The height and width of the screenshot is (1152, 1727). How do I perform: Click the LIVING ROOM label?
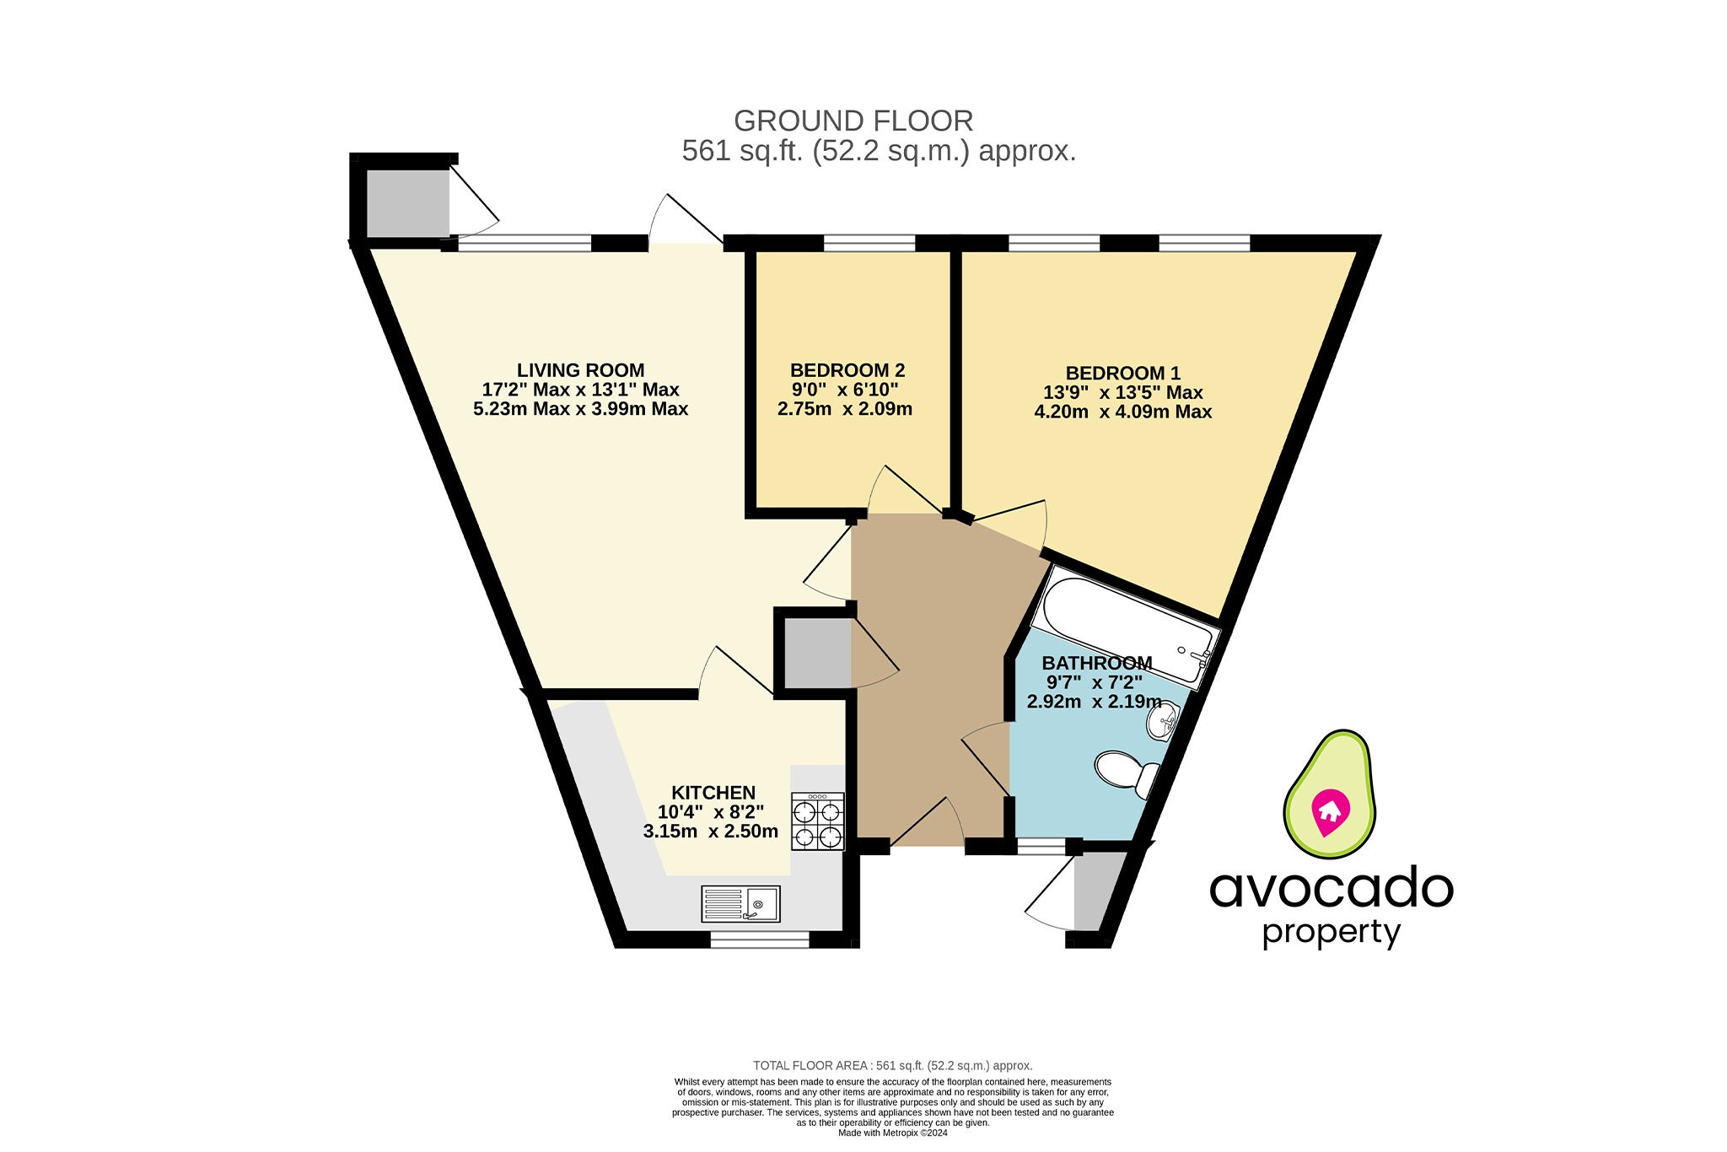point(580,370)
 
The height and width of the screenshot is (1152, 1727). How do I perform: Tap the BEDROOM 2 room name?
point(847,370)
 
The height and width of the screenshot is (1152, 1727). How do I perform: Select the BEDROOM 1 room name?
point(1122,373)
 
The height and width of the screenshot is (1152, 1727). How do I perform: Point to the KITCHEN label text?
point(713,793)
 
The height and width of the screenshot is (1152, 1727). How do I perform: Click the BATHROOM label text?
point(1096,663)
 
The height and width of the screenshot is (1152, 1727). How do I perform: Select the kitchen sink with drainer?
point(740,904)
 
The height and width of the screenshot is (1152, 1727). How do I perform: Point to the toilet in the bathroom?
point(1127,771)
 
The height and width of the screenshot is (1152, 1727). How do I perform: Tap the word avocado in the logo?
point(1331,889)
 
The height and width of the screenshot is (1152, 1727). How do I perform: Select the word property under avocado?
point(1331,933)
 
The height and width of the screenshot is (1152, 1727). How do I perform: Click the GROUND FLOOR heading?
point(853,121)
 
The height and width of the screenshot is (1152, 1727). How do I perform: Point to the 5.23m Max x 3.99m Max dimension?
point(580,409)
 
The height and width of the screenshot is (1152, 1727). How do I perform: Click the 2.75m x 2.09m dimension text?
point(844,409)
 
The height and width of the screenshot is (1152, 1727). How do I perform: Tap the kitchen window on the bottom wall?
point(759,939)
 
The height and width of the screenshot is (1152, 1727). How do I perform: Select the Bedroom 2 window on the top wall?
point(869,244)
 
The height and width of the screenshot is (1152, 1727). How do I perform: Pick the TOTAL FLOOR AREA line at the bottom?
point(892,1066)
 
